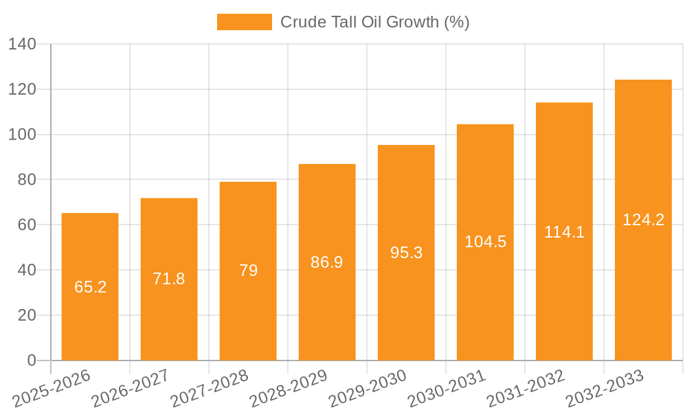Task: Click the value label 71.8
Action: pos(169,279)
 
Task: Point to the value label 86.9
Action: pos(327,262)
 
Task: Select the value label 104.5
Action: pos(485,242)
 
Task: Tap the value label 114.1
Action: pos(564,232)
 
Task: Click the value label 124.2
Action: pos(643,220)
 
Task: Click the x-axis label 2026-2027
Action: pos(130,388)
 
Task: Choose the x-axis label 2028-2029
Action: pos(288,388)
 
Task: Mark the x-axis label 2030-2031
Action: pos(446,388)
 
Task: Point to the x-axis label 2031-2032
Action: pos(525,388)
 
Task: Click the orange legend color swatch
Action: pos(244,22)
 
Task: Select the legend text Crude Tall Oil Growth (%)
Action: pos(374,22)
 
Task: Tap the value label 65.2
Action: pos(90,287)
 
